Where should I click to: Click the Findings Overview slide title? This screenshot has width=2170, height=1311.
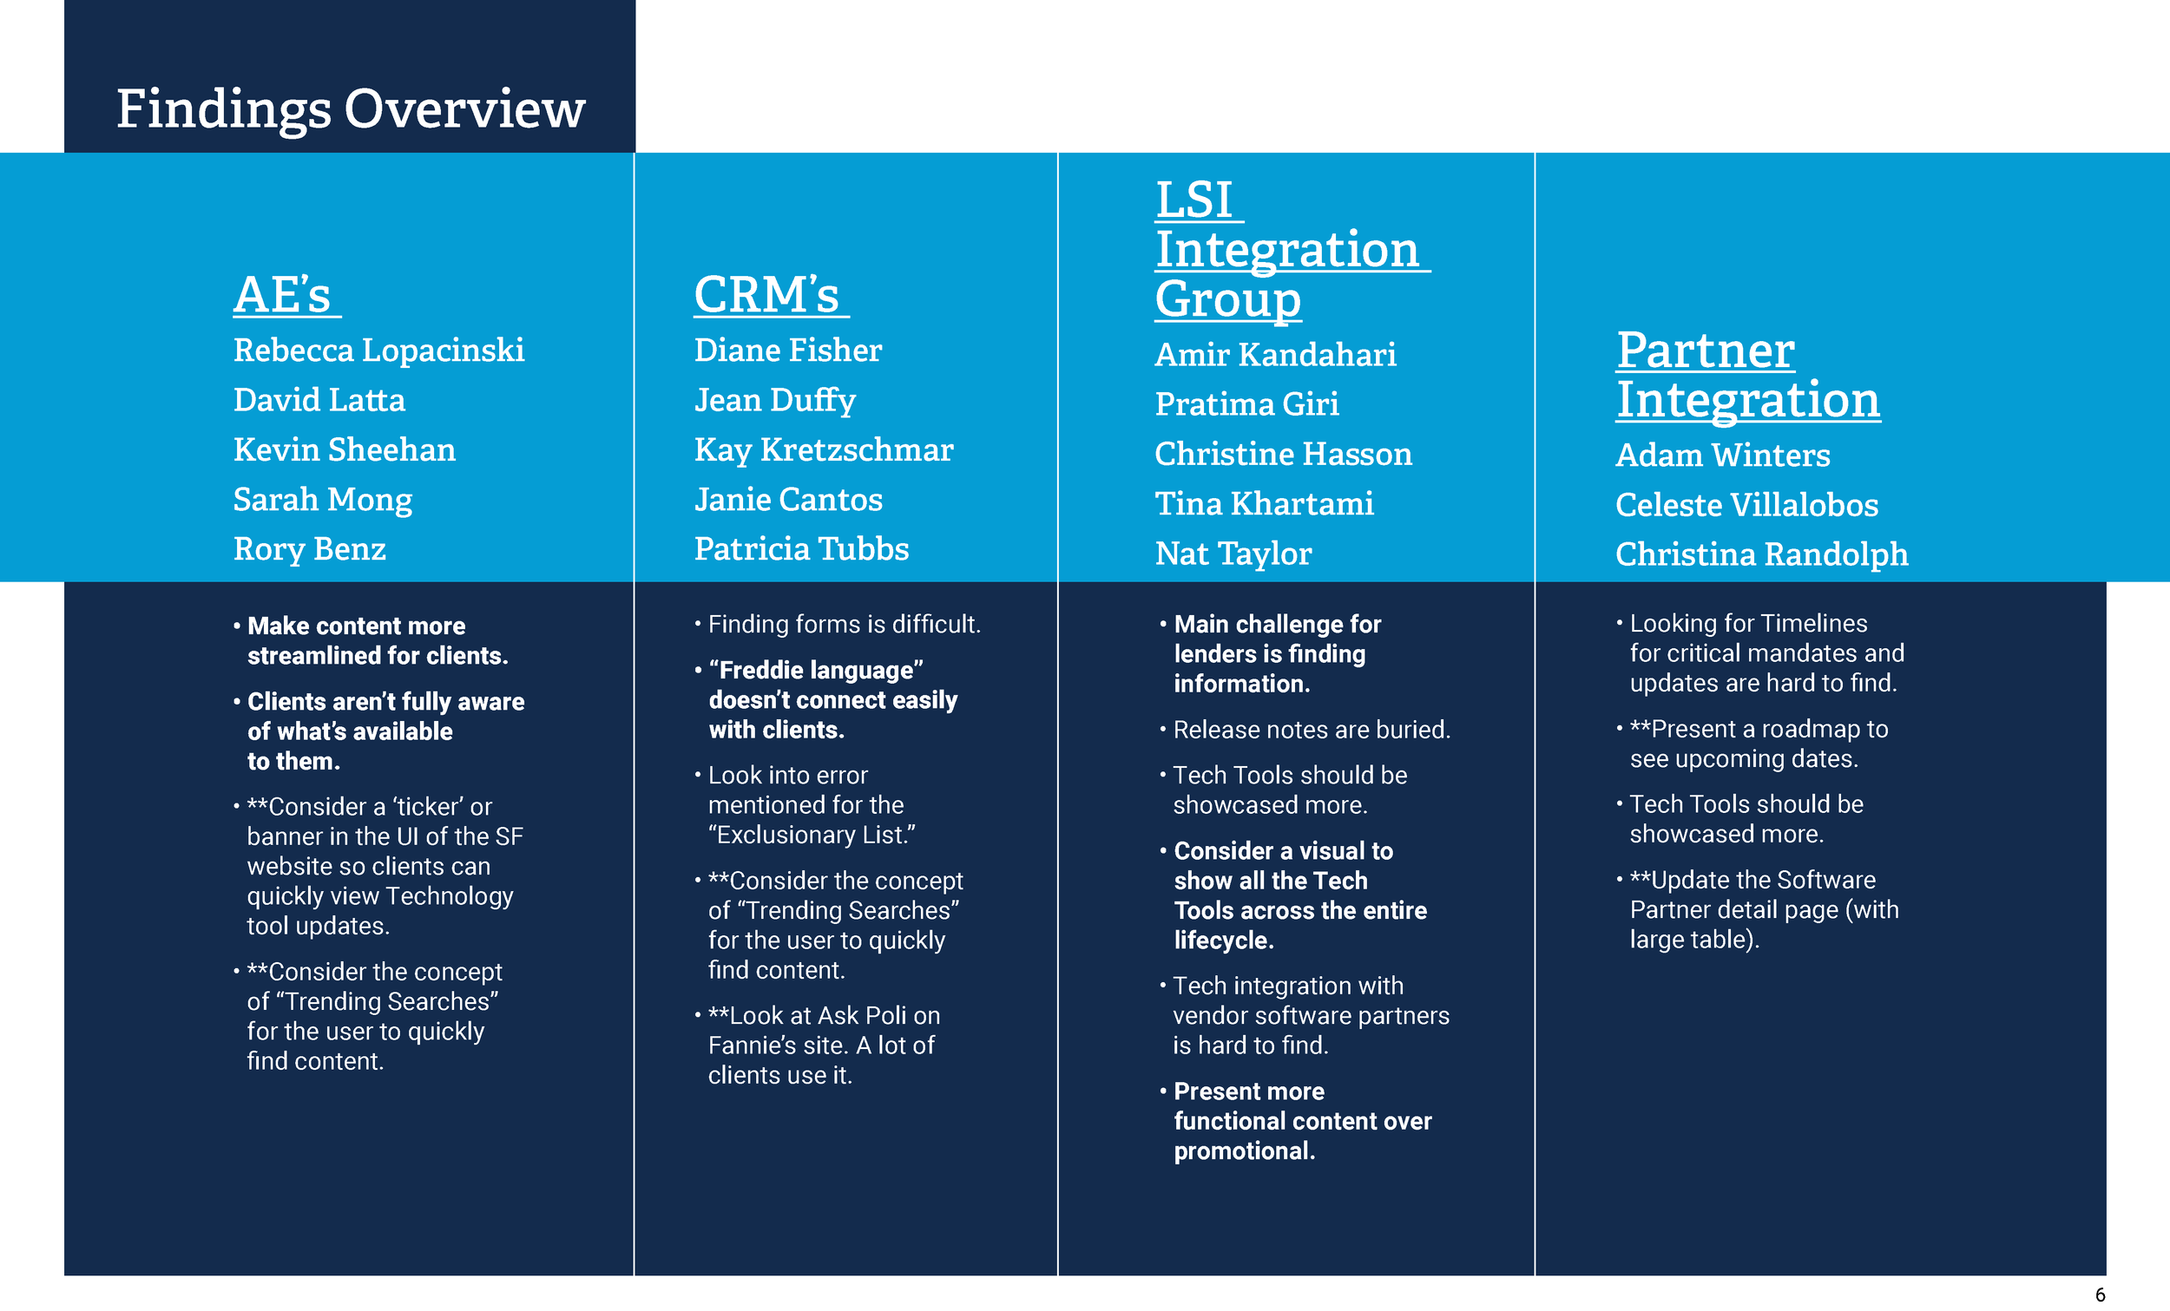tap(351, 109)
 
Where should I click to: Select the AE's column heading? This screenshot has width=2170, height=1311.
tap(284, 294)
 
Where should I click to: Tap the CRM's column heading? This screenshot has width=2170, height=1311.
tap(767, 294)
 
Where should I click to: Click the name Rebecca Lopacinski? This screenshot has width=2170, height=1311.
tap(378, 351)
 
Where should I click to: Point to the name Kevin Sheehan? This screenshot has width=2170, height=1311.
tap(345, 450)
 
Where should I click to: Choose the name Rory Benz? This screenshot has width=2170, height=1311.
tap(309, 549)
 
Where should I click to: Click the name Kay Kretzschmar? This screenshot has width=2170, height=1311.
tap(824, 450)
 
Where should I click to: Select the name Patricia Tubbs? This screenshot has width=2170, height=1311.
tap(801, 549)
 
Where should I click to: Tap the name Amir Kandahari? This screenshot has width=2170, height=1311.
tap(1275, 355)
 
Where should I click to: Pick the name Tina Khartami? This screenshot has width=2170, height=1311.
tap(1264, 503)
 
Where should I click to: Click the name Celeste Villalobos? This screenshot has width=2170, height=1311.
tap(1746, 505)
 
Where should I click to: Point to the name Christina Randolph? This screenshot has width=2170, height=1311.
tap(1761, 554)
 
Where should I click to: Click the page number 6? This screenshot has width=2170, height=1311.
tap(2101, 1295)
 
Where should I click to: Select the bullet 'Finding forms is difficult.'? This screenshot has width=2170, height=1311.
tap(844, 624)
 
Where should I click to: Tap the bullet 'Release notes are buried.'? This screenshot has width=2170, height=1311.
tap(1312, 730)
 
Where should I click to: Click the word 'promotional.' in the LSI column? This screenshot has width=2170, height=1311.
tap(1244, 1151)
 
